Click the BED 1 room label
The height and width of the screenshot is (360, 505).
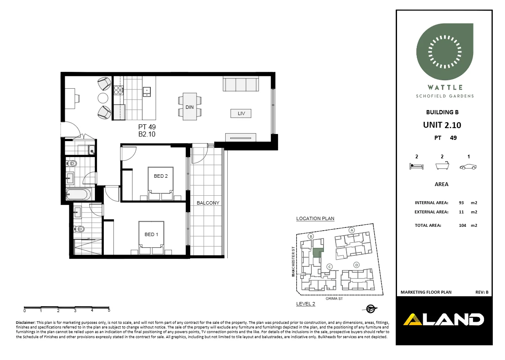(x=151, y=234)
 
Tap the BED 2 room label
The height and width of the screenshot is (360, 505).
(x=160, y=176)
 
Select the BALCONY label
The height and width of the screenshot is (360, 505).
(x=208, y=203)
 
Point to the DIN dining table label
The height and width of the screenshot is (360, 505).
(x=189, y=107)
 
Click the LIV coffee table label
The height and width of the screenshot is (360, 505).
(x=241, y=113)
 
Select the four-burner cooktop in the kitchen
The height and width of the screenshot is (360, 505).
(x=118, y=89)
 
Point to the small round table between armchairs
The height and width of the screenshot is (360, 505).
(x=103, y=98)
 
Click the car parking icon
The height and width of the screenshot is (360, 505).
(x=468, y=167)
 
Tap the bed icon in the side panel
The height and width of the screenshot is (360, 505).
(x=416, y=166)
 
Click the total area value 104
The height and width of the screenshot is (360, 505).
(x=463, y=226)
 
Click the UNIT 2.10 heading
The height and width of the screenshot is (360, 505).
(x=442, y=125)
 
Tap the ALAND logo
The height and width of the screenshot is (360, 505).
(x=443, y=320)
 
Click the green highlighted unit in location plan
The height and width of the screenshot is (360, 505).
(x=318, y=253)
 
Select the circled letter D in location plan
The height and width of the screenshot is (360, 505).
(x=356, y=265)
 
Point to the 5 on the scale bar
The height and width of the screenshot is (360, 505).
(x=109, y=311)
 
